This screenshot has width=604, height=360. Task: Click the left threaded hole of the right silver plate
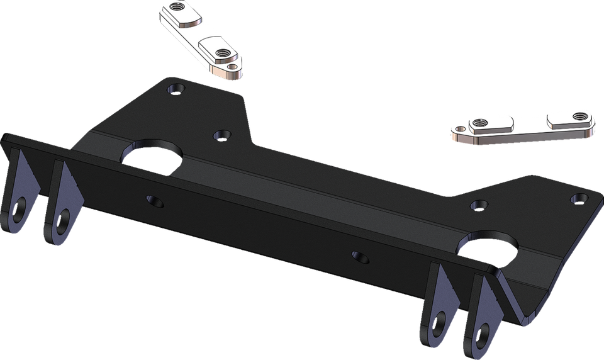tap(480, 123)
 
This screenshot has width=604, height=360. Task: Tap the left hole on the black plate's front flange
tap(155, 201)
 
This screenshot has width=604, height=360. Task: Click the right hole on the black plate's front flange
tap(361, 257)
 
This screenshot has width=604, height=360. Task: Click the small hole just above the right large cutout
tap(479, 205)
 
